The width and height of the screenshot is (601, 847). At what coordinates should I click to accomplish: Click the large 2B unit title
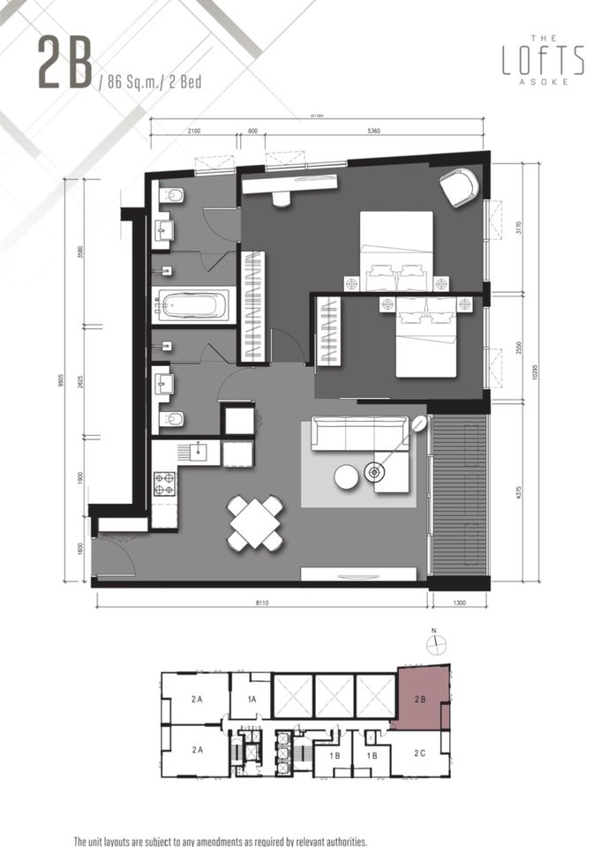pyautogui.click(x=64, y=63)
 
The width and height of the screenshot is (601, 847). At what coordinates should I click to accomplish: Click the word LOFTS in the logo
pyautogui.click(x=543, y=60)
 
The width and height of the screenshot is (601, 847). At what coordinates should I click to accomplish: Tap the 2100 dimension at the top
pyautogui.click(x=193, y=131)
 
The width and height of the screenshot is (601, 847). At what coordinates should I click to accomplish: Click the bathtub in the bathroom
pyautogui.click(x=192, y=306)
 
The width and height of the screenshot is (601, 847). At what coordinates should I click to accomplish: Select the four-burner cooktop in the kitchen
pyautogui.click(x=164, y=483)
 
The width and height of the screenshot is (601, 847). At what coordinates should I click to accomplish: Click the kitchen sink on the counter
pyautogui.click(x=199, y=452)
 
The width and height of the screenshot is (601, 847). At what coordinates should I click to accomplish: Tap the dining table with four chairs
pyautogui.click(x=255, y=522)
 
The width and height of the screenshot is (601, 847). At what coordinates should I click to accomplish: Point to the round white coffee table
pyautogui.click(x=346, y=476)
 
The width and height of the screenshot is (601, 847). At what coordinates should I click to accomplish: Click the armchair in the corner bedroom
pyautogui.click(x=459, y=187)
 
